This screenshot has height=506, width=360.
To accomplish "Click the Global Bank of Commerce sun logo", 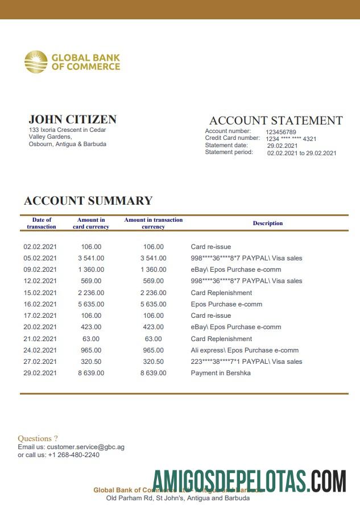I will coord(36,62).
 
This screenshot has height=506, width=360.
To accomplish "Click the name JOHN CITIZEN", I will coord(72,119).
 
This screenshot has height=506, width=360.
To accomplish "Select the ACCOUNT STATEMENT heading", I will coord(276,121).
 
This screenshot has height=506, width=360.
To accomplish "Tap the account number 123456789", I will coord(281,132).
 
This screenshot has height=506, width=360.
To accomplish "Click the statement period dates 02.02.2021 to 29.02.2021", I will coord(301,153).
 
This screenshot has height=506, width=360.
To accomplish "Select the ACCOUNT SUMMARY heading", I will coord(88,201).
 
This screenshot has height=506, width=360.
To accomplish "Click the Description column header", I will coord(268,223).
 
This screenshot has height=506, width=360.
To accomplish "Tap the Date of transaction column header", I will coord(42,223).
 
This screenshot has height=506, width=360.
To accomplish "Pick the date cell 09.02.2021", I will coord(40,269).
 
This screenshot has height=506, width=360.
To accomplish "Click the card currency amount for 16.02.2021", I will coord(91,304).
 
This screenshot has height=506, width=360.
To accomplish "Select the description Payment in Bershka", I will coord(221,373).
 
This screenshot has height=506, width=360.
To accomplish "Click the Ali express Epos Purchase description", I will coord(245,350).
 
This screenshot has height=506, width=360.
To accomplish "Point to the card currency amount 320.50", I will coord(91,362).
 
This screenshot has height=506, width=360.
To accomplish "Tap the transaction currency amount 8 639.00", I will coord(154,373).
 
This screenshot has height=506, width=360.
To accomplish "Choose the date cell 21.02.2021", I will coord(40,339).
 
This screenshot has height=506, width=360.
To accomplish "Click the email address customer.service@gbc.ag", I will coord(85,447).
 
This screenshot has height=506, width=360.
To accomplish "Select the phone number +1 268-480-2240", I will coord(73,455).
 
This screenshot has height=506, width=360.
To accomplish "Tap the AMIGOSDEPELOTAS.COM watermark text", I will coord(249,481).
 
